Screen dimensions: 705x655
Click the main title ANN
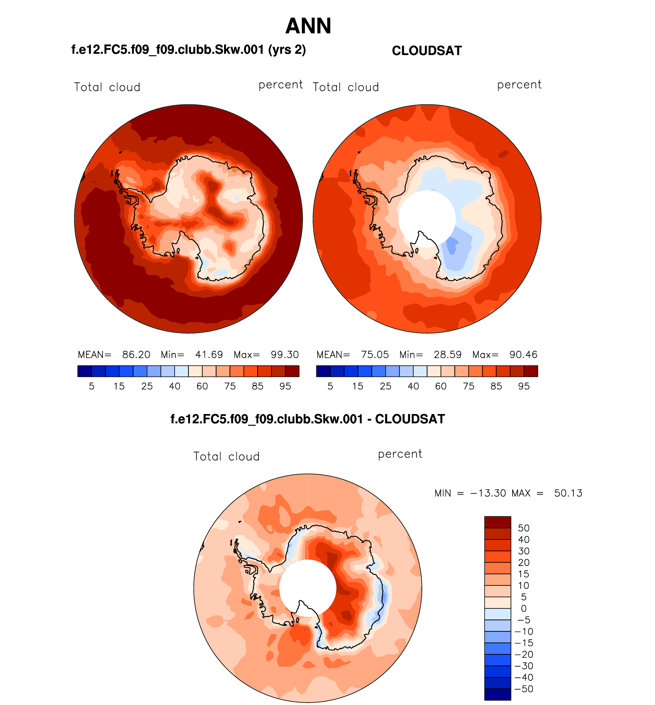coord(308,26)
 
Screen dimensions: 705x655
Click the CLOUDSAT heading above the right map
coord(427,51)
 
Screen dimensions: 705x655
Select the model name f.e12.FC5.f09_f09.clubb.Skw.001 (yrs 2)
coord(188,50)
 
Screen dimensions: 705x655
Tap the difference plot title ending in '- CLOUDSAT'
coord(308,419)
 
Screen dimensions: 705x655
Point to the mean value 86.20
coord(136,355)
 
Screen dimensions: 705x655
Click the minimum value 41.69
coord(209,355)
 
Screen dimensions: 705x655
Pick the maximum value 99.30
coord(285,355)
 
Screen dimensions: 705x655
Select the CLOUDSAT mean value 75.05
coord(375,355)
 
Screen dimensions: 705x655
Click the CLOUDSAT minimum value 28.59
coord(447,355)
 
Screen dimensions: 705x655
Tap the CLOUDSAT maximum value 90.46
coord(523,355)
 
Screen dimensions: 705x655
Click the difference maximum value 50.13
coord(568,493)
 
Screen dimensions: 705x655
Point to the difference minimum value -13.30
coord(488,493)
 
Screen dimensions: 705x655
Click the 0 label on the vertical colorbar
coord(524,608)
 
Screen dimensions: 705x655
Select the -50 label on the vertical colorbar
coord(524,689)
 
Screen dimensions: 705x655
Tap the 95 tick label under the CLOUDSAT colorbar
coord(524,386)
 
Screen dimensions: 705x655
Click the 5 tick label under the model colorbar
coord(92,386)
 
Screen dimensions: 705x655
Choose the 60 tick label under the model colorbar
coord(202,386)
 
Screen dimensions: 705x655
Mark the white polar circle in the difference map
coord(307,588)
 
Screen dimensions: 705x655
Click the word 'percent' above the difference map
coord(400,454)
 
